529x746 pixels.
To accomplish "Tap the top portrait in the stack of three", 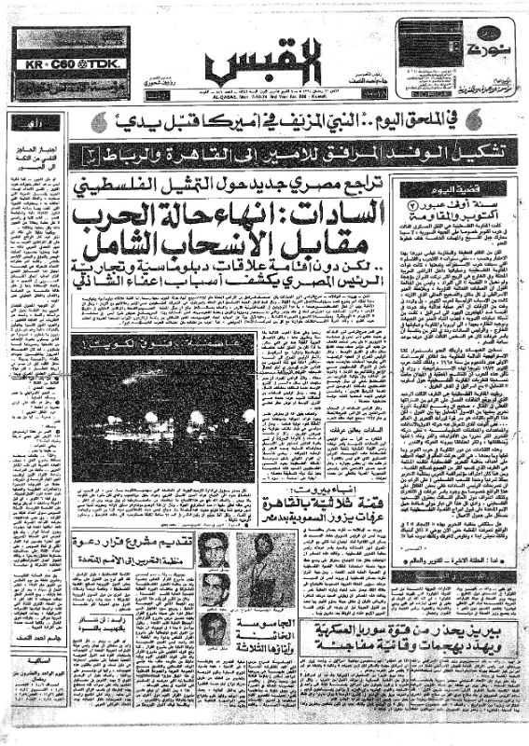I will coord(216,552).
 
